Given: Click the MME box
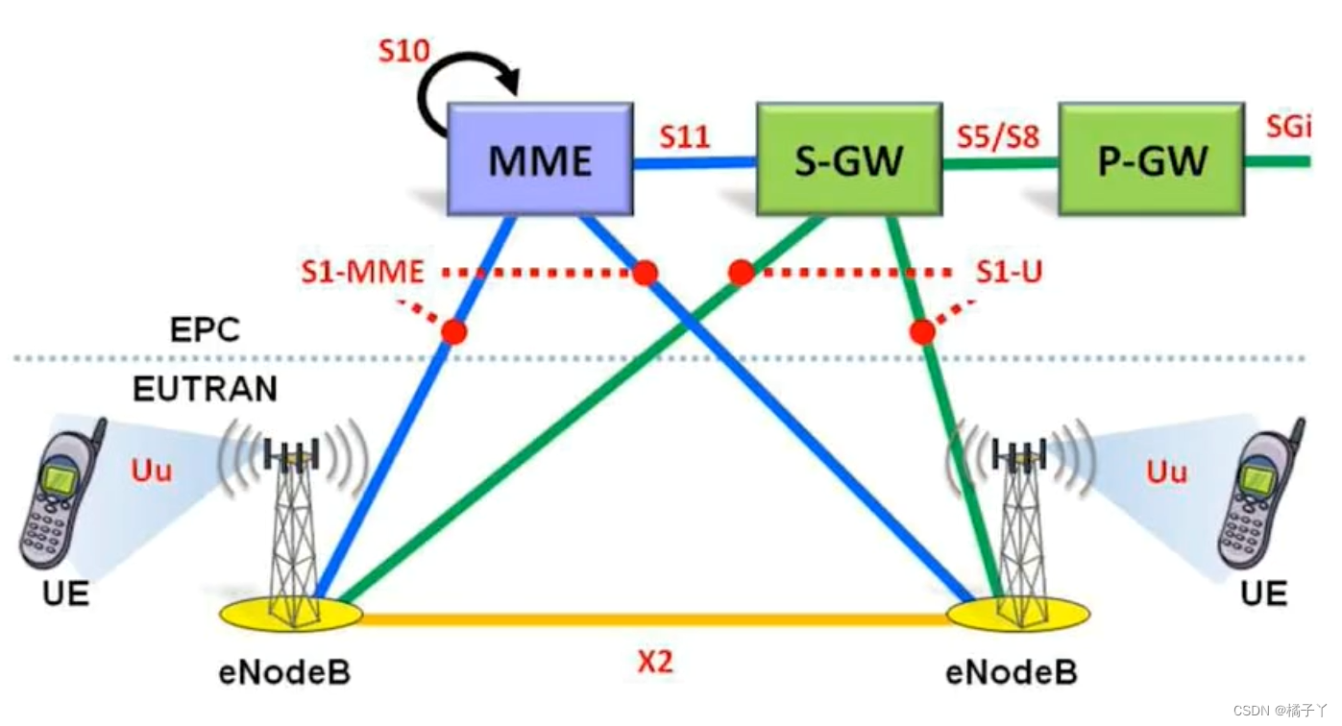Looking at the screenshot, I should pos(540,159).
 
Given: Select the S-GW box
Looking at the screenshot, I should pos(848,159).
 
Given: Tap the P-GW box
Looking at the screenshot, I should pos(1152,159).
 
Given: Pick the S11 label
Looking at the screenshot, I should pos(684,137).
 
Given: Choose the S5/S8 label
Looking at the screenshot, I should pos(998,137).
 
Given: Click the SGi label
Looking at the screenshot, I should pos(1288,127).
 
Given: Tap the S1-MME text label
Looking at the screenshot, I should pos(362,273).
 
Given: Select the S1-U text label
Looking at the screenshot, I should pos(1009,273).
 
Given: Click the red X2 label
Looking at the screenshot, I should pos(655,663).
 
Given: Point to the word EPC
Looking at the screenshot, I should pos(205,329).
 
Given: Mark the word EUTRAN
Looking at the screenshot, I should pos(205,389).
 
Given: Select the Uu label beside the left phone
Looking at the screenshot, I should pos(152,472).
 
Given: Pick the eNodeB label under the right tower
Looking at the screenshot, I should pos(1012,671).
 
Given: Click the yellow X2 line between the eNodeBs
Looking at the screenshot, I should pos(655,620).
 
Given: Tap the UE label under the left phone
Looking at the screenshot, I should pos(66,594).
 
